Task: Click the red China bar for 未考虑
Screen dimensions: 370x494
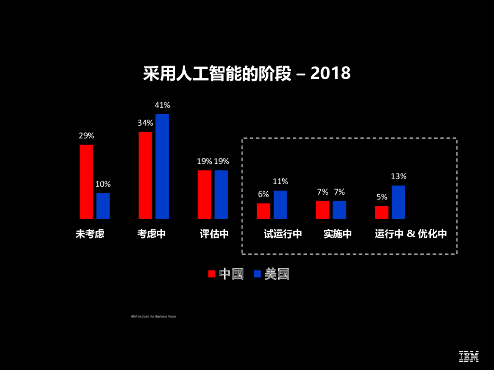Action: pyautogui.click(x=86, y=182)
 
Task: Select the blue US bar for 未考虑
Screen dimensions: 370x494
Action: pyautogui.click(x=103, y=206)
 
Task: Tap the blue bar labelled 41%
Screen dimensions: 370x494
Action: pyautogui.click(x=162, y=166)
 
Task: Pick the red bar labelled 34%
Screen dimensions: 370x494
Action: pyautogui.click(x=145, y=175)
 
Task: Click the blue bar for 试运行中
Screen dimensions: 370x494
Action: pyautogui.click(x=280, y=205)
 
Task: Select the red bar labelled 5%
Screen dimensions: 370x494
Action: pyautogui.click(x=382, y=212)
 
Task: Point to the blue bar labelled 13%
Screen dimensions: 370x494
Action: pyautogui.click(x=398, y=202)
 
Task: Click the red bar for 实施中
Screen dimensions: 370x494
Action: pyautogui.click(x=323, y=210)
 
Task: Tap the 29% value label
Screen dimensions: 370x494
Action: pyautogui.click(x=86, y=136)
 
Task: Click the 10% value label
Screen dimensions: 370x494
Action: pyautogui.click(x=103, y=184)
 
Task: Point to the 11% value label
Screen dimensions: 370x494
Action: pyautogui.click(x=280, y=182)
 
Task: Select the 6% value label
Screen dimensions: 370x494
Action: pyautogui.click(x=263, y=194)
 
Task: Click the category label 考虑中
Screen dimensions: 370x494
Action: pyautogui.click(x=151, y=234)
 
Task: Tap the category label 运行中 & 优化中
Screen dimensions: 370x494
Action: pyautogui.click(x=411, y=234)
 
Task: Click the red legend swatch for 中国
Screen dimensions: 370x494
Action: pyautogui.click(x=211, y=274)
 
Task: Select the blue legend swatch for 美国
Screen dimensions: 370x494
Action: pyautogui.click(x=257, y=274)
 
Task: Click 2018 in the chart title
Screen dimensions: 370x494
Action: pyautogui.click(x=330, y=74)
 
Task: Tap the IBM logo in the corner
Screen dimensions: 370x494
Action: pyautogui.click(x=468, y=356)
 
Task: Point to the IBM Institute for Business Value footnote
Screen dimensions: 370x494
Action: pyautogui.click(x=153, y=317)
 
